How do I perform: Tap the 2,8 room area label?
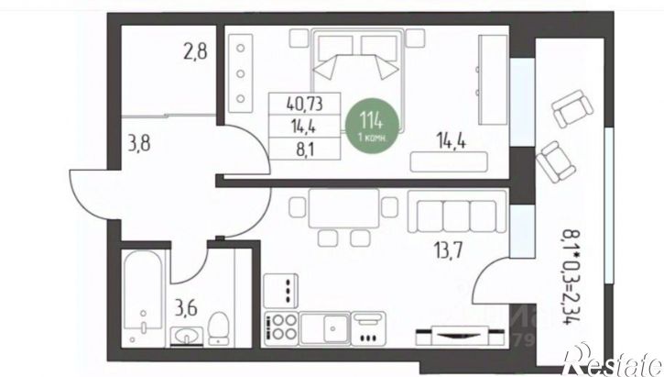point(195,50)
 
